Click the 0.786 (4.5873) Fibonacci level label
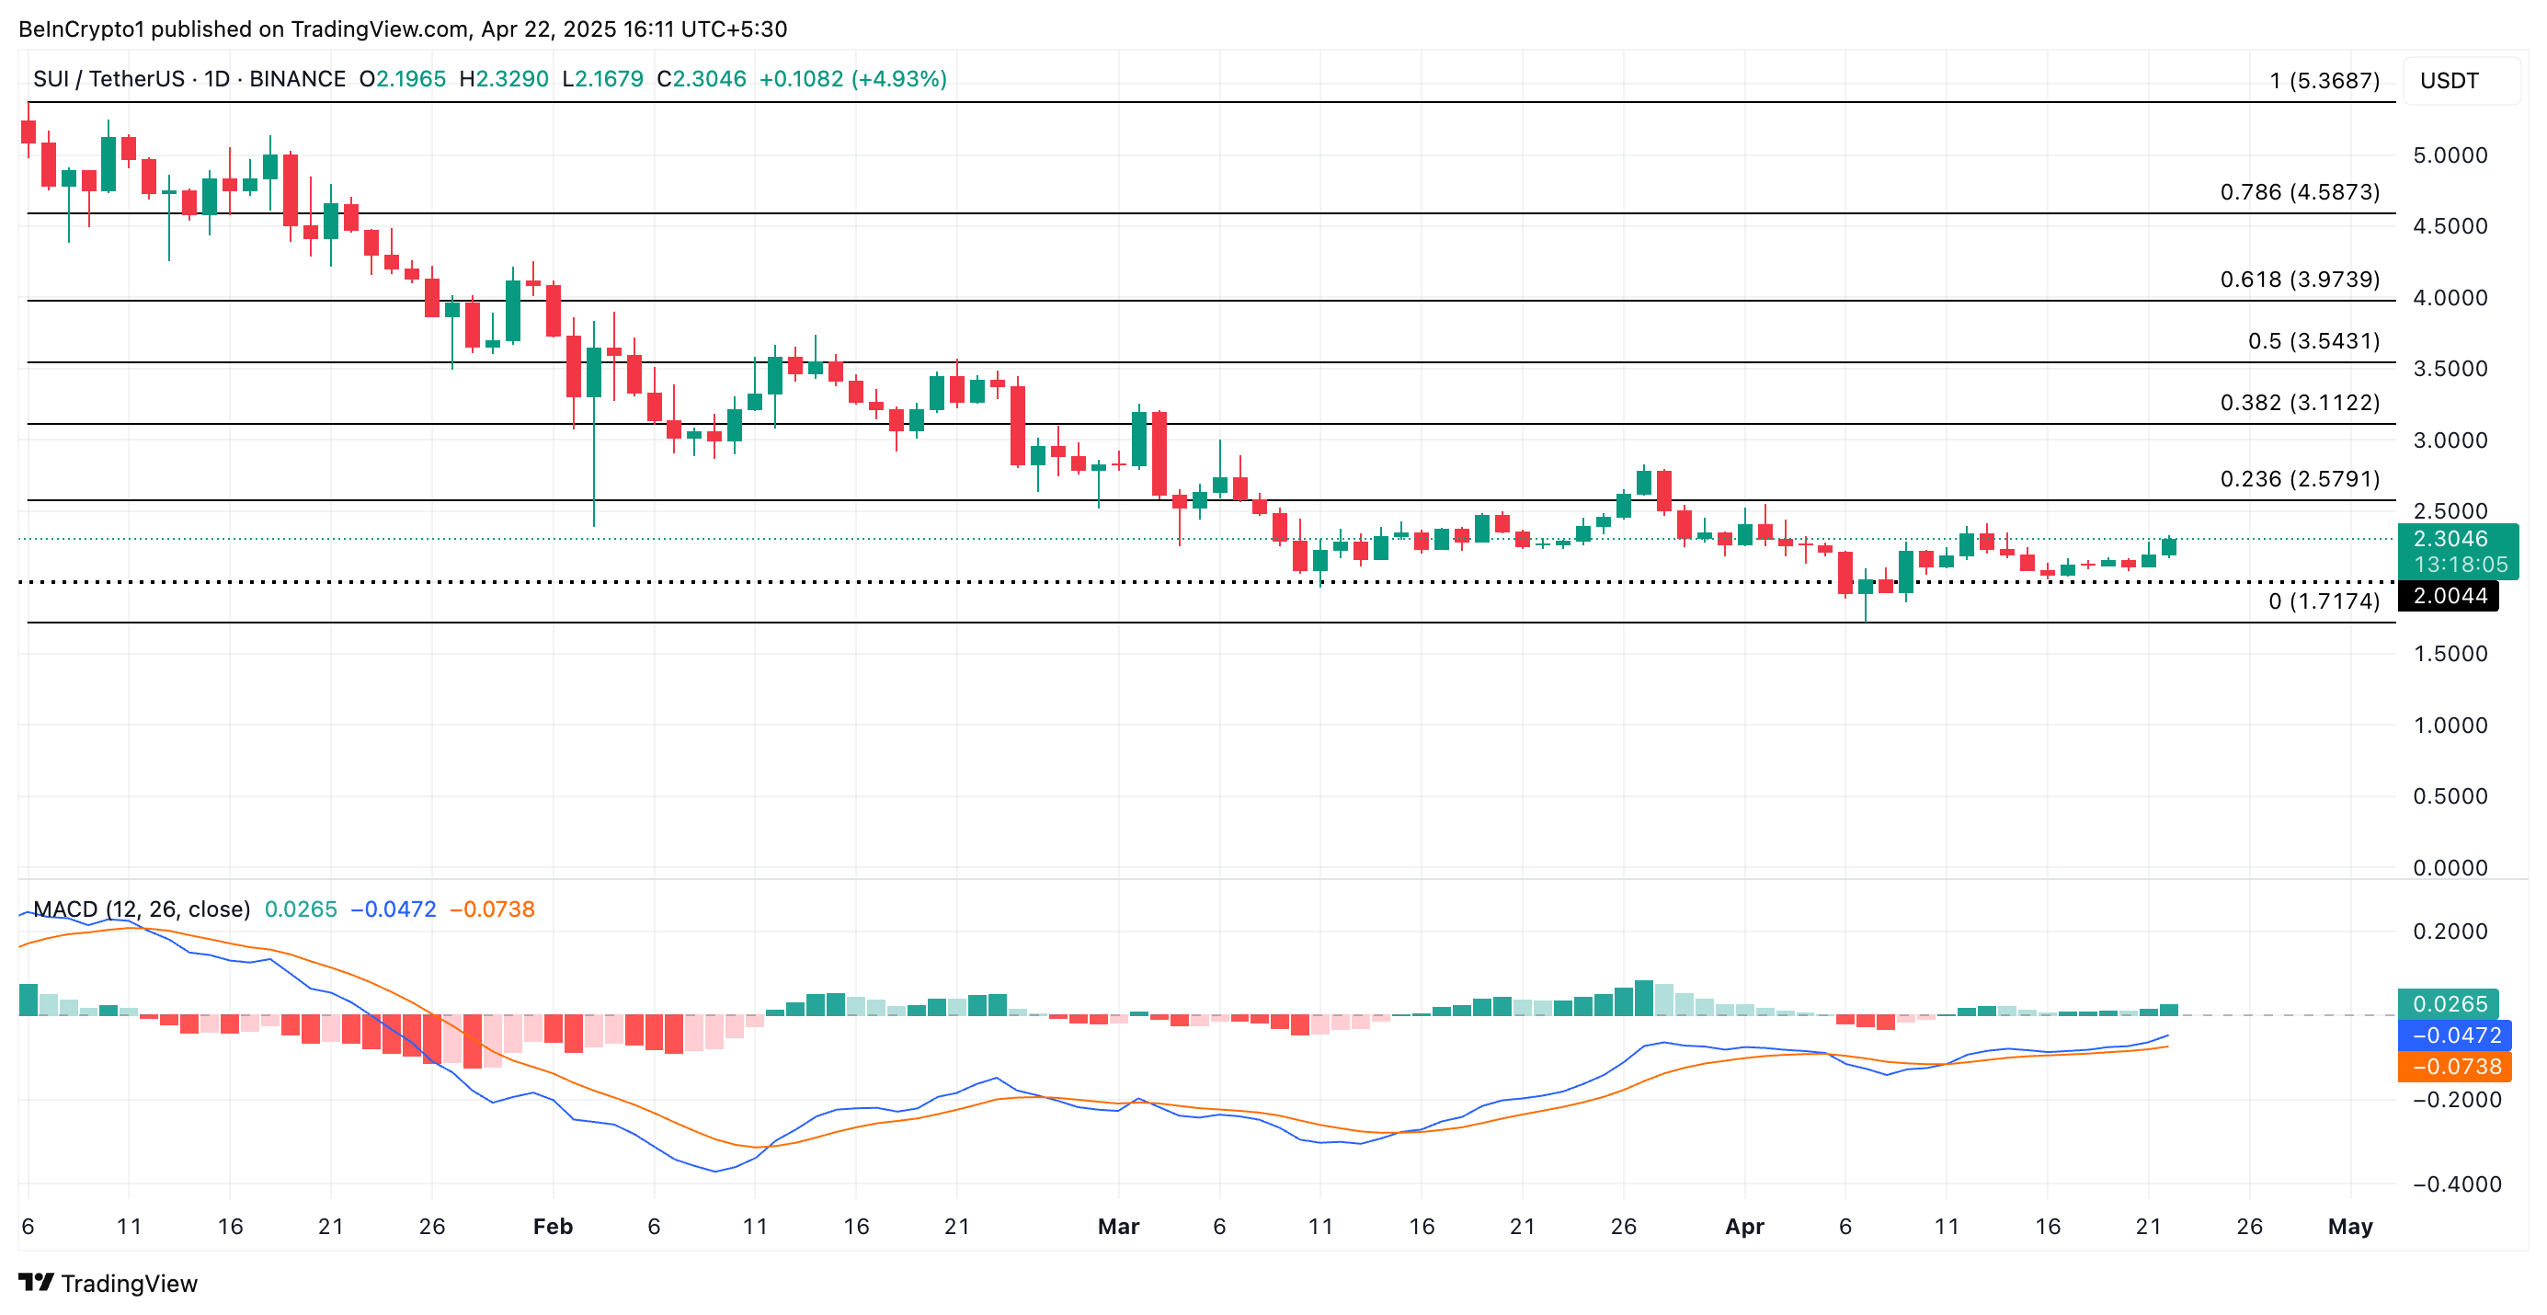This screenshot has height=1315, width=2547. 2299,192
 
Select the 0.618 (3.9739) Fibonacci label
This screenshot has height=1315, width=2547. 2299,279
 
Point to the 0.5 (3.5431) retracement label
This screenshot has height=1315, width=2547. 2313,341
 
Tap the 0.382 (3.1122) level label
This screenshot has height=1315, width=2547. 2299,403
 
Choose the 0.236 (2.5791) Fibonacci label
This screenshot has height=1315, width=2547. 2299,478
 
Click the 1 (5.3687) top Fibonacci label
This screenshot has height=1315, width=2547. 2324,81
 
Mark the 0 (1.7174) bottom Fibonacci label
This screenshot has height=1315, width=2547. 2324,601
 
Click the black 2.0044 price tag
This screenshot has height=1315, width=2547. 2450,595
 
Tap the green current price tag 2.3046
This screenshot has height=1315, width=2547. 2450,539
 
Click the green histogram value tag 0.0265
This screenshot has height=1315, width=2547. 2450,1003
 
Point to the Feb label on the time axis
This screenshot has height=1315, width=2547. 553,1226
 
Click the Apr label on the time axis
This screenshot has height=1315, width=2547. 1744,1226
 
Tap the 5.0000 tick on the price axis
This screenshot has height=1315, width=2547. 2450,155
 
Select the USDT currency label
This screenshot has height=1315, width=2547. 2450,81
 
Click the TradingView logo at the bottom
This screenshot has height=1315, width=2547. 108,1284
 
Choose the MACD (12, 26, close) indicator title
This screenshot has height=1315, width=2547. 141,909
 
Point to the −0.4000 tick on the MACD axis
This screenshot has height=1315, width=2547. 2456,1183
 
